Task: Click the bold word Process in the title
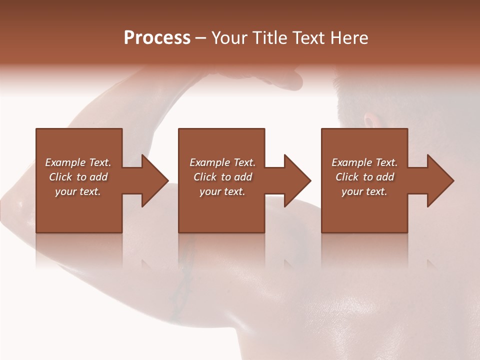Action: (157, 38)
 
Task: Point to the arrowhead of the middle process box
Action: (297, 180)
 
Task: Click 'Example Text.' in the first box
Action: (78, 162)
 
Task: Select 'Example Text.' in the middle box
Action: (222, 162)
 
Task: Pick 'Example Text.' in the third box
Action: (364, 162)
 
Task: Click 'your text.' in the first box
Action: (78, 191)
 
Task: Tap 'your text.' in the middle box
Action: (222, 191)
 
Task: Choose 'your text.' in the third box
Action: (364, 191)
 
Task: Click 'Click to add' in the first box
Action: (78, 177)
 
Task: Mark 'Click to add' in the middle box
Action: (222, 177)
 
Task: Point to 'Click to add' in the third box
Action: (364, 177)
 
